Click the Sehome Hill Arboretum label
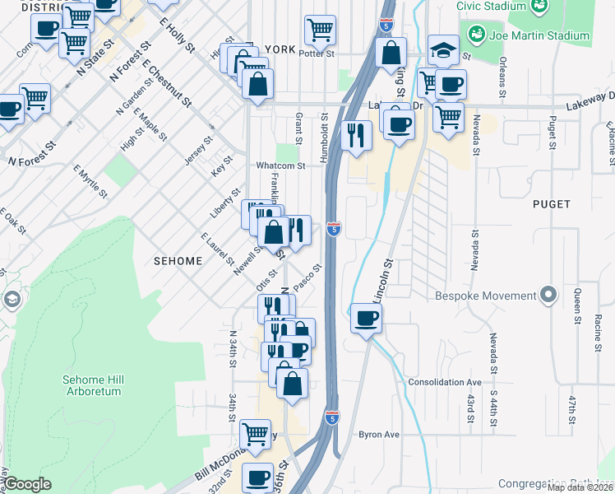coord(91,385)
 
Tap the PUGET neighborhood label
coord(551,203)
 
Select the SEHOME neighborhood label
coord(178,260)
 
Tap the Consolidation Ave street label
coord(445,383)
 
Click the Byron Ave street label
coord(378,434)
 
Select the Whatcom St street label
coord(280,165)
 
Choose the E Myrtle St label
coord(90,181)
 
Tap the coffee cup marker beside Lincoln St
coord(366,317)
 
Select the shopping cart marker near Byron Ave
coord(256,433)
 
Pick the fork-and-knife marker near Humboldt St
coord(356,135)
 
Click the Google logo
coord(28,484)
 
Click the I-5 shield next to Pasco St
coord(333,228)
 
